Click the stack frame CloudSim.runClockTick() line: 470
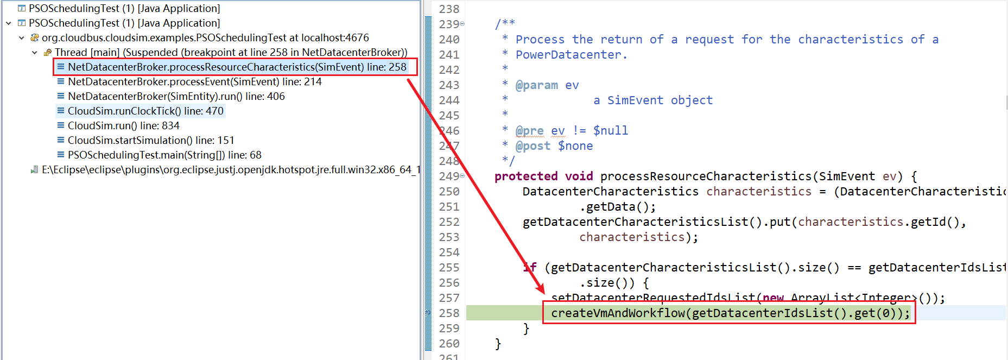(x=145, y=111)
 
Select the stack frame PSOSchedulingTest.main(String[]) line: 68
(x=164, y=155)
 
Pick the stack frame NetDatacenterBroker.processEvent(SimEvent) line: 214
(x=194, y=82)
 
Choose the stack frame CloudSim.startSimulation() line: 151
(x=150, y=141)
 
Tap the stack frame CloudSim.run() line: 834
(x=123, y=126)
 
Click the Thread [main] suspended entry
(x=231, y=53)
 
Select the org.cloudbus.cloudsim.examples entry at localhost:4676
(x=205, y=38)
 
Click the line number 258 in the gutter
(x=449, y=313)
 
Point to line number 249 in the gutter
(x=449, y=176)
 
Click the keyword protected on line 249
(x=525, y=176)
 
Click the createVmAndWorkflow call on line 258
(x=618, y=313)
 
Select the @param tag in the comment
(x=536, y=85)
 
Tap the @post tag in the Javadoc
(x=532, y=146)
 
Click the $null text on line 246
(x=610, y=131)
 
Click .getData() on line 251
(x=617, y=207)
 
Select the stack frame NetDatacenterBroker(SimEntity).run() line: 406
(x=176, y=97)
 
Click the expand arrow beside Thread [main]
(x=35, y=53)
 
